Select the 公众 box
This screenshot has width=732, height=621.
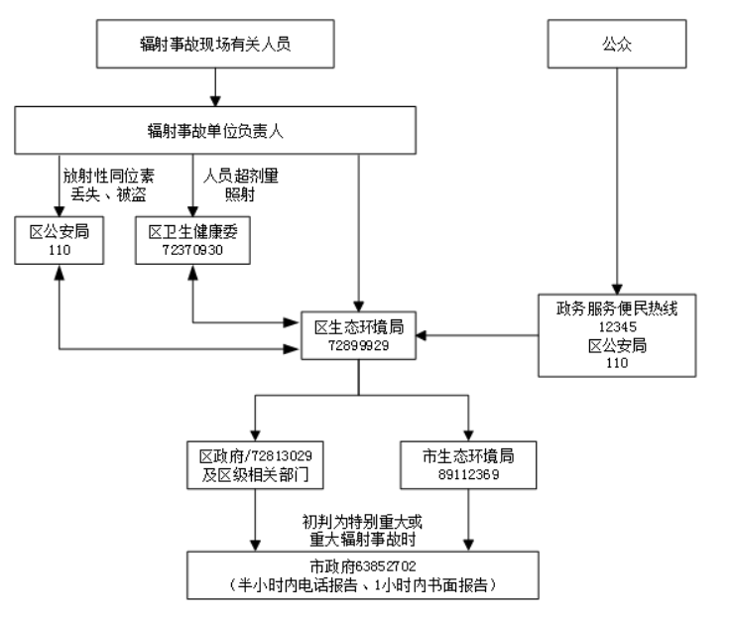coord(617,44)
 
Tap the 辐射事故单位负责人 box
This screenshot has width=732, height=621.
coord(214,130)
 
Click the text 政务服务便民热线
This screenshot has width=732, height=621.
coord(617,308)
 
